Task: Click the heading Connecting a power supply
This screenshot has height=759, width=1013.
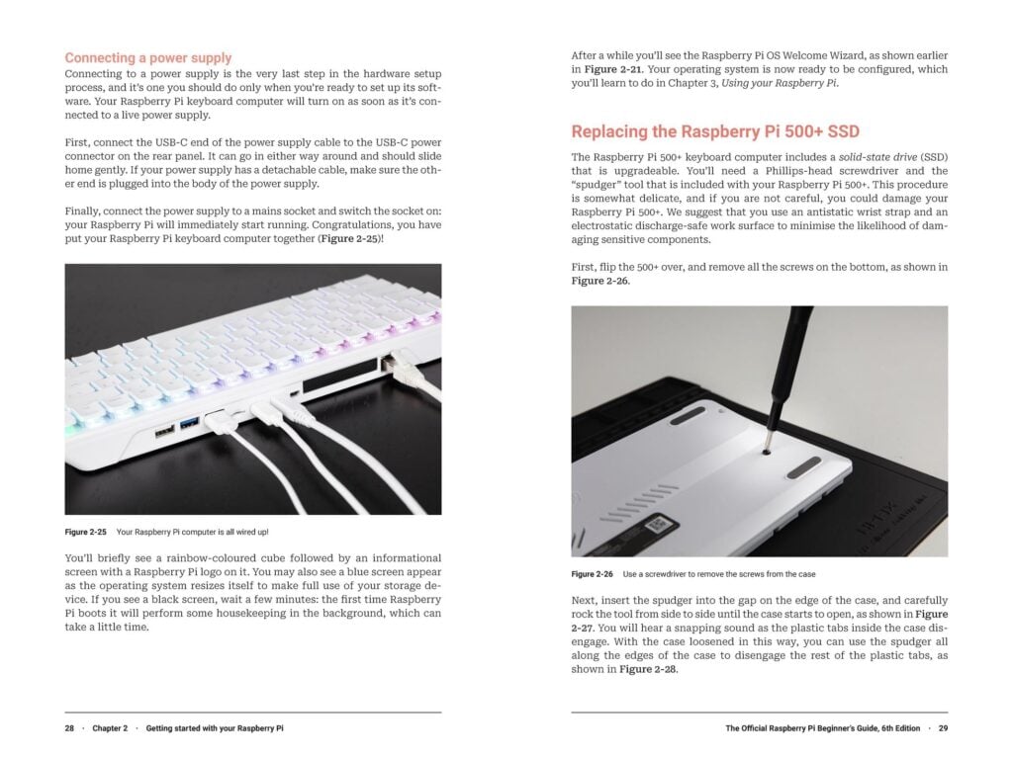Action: click(148, 58)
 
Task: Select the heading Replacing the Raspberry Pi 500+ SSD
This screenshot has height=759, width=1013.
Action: click(715, 131)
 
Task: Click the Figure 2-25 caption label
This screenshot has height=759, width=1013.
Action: click(85, 533)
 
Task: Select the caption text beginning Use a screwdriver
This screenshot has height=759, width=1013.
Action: click(719, 574)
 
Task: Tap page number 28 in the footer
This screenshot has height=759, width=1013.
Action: click(70, 728)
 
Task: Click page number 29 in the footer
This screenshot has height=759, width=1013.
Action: click(942, 728)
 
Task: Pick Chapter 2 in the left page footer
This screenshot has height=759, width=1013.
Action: click(110, 728)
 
